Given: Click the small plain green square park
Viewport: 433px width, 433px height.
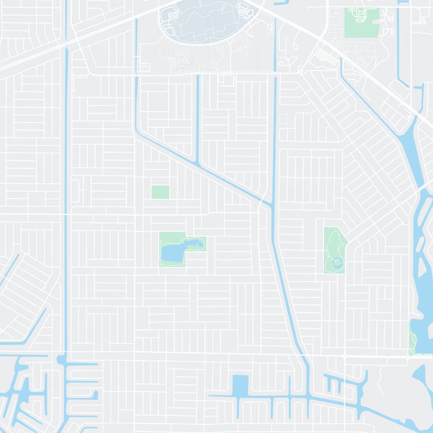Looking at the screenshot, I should (x=160, y=192).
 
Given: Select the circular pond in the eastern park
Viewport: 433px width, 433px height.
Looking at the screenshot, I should (x=338, y=264).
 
